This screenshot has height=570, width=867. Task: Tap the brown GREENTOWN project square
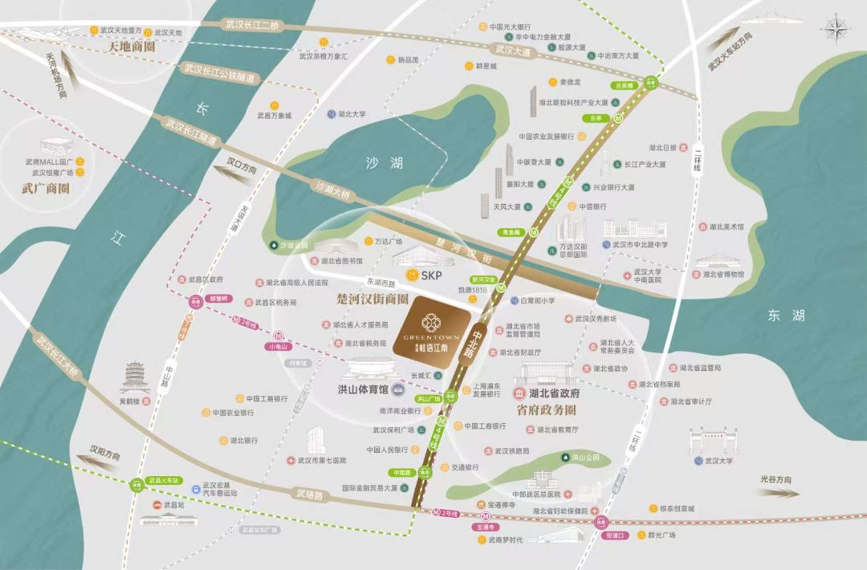tap(430, 331)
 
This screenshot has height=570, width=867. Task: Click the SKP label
tap(426, 275)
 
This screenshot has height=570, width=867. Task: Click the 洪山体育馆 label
tap(362, 389)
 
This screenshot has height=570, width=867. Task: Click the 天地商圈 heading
tap(130, 47)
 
